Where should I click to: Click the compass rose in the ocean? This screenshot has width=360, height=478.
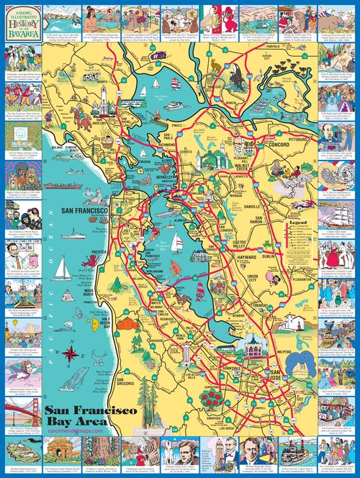click(x=71, y=353)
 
